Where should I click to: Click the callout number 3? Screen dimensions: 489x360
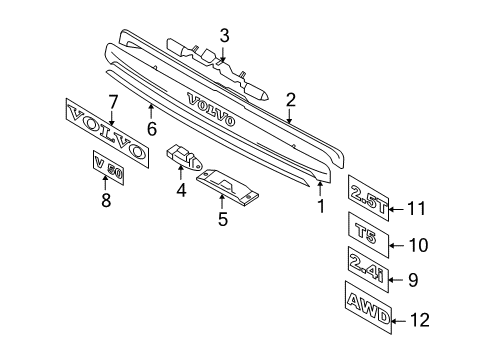[x=224, y=36]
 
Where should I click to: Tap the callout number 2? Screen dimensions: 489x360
[x=291, y=100]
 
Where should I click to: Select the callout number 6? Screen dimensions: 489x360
[x=152, y=129]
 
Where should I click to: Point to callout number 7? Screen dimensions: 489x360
[x=113, y=102]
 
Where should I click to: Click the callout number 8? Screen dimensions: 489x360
[x=106, y=200]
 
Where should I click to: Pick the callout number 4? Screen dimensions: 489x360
[x=181, y=190]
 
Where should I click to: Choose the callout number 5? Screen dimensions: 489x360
[x=223, y=219]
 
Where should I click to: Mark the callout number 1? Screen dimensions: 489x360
[x=321, y=206]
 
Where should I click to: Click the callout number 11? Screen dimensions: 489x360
[x=417, y=209]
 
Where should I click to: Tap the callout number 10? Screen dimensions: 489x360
[x=418, y=245]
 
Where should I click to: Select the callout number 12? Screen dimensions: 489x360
[x=419, y=320]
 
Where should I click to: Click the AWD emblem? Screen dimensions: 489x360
[x=368, y=308]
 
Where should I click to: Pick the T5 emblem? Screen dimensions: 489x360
[x=368, y=235]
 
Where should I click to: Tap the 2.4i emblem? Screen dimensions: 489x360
[x=368, y=269]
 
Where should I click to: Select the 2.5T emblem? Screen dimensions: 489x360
[x=368, y=198]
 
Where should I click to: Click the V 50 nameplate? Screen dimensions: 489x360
[x=108, y=167]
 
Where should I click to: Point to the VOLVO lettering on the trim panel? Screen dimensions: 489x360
[x=211, y=109]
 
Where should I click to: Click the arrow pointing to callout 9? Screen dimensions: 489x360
[x=396, y=279]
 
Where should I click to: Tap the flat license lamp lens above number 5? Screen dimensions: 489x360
[x=228, y=187]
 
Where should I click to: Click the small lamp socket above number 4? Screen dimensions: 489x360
[x=184, y=157]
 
